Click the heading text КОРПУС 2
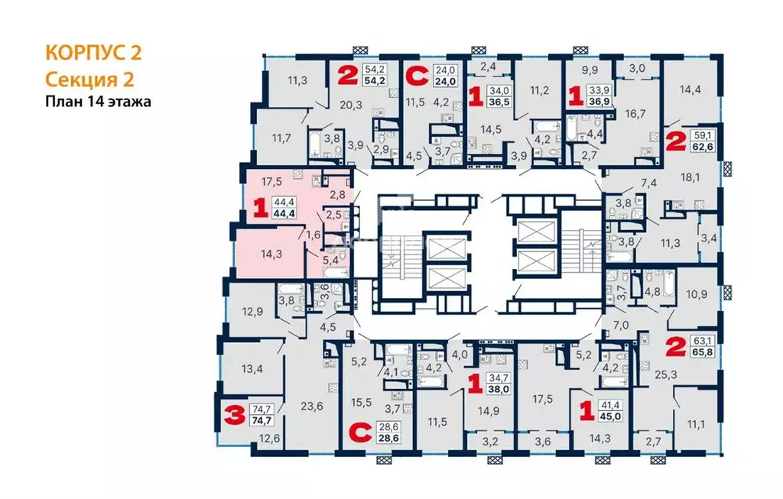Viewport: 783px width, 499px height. (x=93, y=53)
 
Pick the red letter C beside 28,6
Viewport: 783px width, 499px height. (x=356, y=433)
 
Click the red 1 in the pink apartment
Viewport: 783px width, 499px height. (x=260, y=208)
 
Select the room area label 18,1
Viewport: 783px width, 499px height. (x=690, y=177)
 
